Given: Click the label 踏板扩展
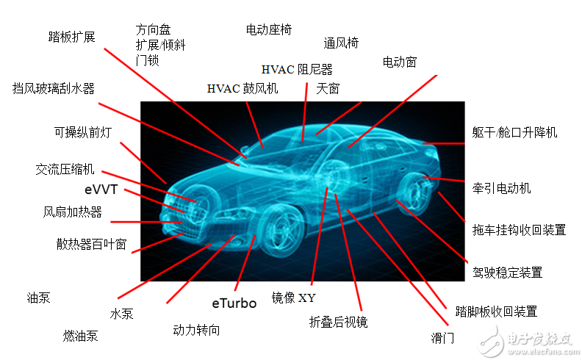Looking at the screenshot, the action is [x=71, y=37].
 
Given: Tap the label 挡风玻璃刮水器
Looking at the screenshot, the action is [x=54, y=89].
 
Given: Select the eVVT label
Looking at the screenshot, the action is [x=101, y=190].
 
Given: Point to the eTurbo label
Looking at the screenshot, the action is [x=234, y=303].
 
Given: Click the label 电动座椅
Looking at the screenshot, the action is [x=269, y=29].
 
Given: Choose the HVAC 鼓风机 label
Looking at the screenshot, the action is [x=242, y=89].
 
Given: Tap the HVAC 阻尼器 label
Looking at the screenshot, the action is [x=297, y=69].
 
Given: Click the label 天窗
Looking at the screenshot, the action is [x=328, y=89].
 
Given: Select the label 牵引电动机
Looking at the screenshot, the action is [x=501, y=188].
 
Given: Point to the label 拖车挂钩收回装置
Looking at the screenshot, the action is [x=519, y=230].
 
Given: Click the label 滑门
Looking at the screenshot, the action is [x=442, y=338].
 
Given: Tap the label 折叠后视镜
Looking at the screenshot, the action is [x=338, y=322].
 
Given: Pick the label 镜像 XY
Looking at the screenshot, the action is [x=294, y=298].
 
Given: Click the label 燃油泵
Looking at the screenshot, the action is [x=80, y=336].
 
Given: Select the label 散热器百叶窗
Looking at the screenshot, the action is [x=92, y=244].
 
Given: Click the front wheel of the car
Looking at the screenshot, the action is [x=283, y=230].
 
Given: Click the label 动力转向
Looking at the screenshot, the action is [x=196, y=330].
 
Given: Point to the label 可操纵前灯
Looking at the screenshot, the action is [x=83, y=132].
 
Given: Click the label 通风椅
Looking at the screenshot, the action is [x=341, y=43].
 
